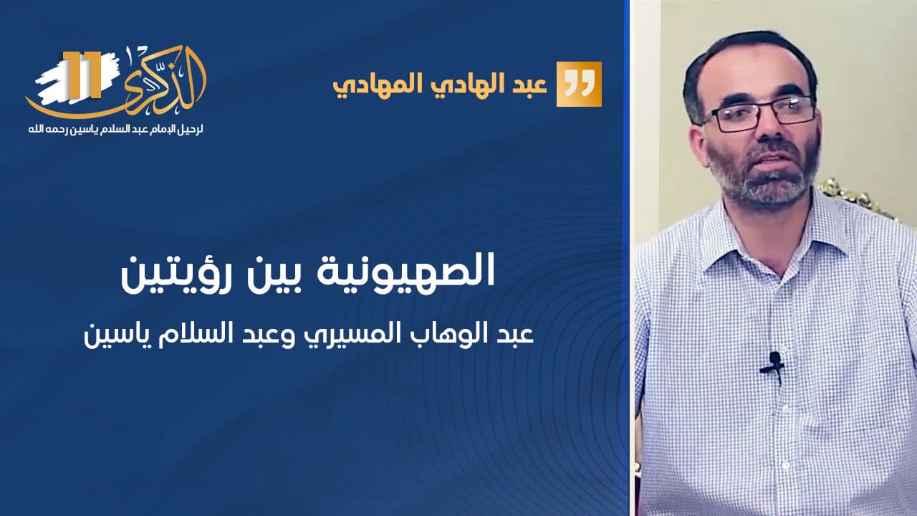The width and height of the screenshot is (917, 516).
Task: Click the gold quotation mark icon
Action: (579, 85)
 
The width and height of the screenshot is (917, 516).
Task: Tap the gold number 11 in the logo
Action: (82, 75)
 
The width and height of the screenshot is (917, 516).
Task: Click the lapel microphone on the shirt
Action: (773, 366)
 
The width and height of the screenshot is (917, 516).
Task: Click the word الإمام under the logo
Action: (151, 130)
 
